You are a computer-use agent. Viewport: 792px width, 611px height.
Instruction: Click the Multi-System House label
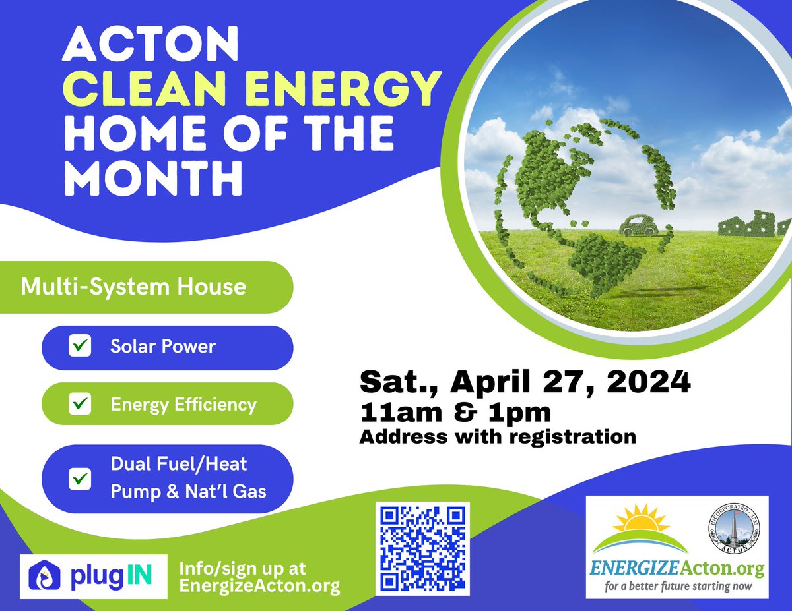[133, 287]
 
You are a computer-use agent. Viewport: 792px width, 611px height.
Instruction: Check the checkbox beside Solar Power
[79, 346]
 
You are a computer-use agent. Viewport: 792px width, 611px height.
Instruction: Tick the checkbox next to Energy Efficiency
[79, 403]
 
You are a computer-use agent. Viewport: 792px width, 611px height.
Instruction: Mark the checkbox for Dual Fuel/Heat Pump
[79, 478]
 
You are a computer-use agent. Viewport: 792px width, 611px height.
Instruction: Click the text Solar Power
[163, 346]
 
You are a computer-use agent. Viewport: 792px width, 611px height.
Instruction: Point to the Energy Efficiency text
[183, 403]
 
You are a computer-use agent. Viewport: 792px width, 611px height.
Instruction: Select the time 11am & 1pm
[455, 413]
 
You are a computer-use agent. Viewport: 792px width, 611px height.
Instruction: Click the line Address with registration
[497, 436]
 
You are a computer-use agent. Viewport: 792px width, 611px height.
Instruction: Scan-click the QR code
[422, 548]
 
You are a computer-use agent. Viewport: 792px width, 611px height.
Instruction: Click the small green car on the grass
[638, 226]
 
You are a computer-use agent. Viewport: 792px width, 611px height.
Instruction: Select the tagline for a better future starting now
[676, 586]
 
